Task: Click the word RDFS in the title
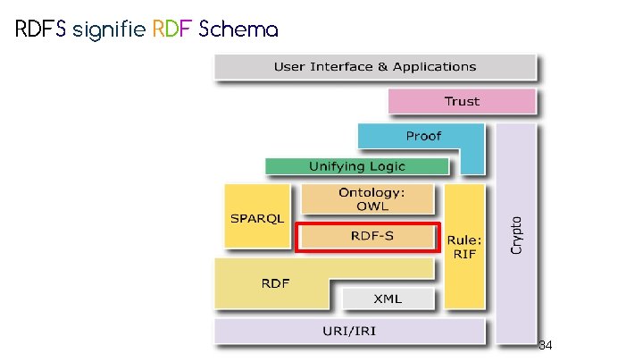pyautogui.click(x=41, y=29)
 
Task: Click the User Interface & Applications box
pyautogui.click(x=375, y=67)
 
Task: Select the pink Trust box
pyautogui.click(x=462, y=101)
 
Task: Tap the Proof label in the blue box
pyautogui.click(x=423, y=136)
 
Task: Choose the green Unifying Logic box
pyautogui.click(x=357, y=166)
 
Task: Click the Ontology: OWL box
pyautogui.click(x=366, y=199)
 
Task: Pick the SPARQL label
pyautogui.click(x=257, y=218)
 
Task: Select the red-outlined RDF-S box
pyautogui.click(x=367, y=237)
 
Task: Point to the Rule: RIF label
pyautogui.click(x=464, y=248)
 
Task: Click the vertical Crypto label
pyautogui.click(x=516, y=234)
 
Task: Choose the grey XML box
pyautogui.click(x=388, y=298)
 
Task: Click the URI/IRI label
pyautogui.click(x=350, y=333)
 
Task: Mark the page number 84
pyautogui.click(x=547, y=344)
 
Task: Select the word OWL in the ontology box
pyautogui.click(x=366, y=206)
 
